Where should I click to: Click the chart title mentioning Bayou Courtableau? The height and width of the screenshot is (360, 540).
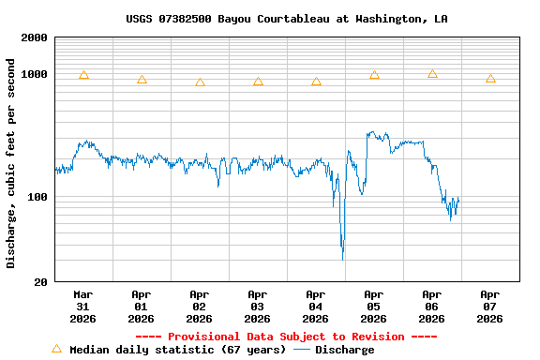click(286, 19)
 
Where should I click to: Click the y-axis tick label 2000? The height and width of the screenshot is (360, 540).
click(34, 37)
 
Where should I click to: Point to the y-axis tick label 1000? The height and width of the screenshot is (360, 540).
click(34, 74)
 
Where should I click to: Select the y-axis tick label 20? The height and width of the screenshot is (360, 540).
click(40, 282)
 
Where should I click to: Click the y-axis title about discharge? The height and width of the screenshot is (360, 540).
click(11, 163)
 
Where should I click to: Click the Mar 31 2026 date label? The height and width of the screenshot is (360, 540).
click(83, 306)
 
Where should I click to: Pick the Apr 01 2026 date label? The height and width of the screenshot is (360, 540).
click(142, 306)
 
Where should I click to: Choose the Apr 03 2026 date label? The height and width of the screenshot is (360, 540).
click(258, 306)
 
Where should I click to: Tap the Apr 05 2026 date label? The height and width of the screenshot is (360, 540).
click(374, 306)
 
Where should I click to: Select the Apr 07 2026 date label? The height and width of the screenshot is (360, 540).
click(490, 306)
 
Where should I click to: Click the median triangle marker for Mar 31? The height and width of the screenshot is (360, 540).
click(83, 75)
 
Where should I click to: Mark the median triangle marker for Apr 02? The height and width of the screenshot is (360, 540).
click(200, 82)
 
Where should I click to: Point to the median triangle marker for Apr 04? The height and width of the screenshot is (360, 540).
click(316, 82)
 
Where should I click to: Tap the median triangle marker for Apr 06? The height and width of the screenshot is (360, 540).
click(432, 74)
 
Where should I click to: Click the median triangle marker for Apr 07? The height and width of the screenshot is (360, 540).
click(490, 79)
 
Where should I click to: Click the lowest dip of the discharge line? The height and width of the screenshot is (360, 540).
click(343, 256)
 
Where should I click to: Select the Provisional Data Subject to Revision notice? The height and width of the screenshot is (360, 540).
click(286, 337)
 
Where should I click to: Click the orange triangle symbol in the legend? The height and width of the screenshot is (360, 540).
click(56, 349)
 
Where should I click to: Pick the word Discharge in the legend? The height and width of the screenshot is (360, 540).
click(344, 350)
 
